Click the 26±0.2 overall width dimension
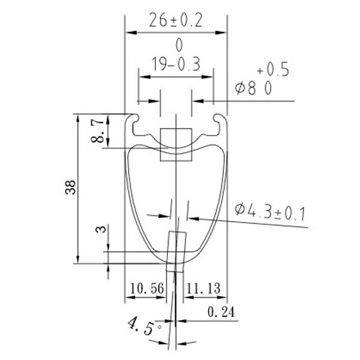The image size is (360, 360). [176, 20]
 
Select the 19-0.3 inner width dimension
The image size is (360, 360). [176, 64]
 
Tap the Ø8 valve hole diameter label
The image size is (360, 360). [245, 88]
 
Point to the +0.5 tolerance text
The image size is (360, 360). [273, 70]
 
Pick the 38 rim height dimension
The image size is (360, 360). [70, 187]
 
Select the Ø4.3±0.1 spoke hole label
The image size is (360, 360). [270, 212]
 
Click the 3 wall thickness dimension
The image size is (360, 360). [101, 229]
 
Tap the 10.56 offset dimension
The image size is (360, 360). [147, 289]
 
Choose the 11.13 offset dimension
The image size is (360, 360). [203, 289]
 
